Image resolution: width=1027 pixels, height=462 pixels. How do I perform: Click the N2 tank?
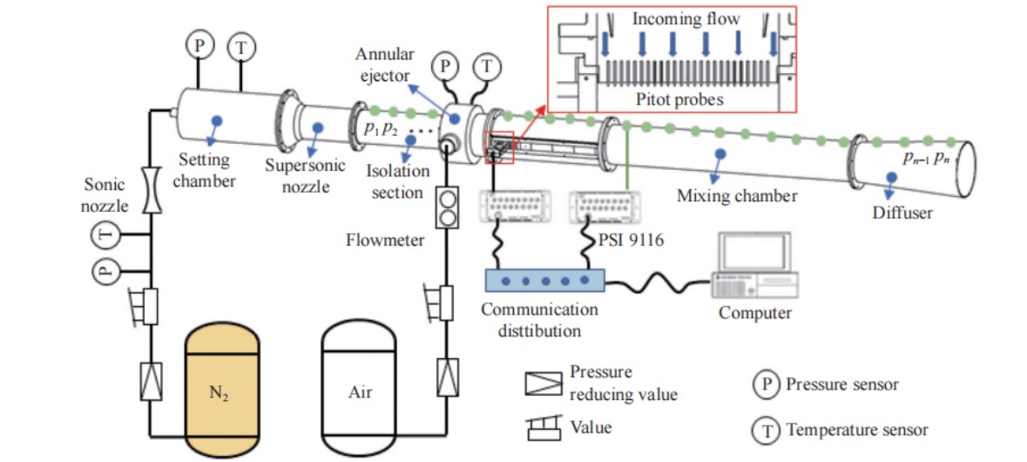(221, 391)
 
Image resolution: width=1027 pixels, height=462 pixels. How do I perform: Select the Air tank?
(360, 391)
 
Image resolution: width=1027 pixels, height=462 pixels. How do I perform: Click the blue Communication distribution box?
(544, 280)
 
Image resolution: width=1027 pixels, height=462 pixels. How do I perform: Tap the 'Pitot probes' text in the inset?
(679, 99)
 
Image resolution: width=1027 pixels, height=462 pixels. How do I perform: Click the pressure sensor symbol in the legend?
(766, 384)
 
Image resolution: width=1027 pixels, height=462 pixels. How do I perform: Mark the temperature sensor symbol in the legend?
(766, 428)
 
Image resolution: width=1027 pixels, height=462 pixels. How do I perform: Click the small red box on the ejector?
(503, 147)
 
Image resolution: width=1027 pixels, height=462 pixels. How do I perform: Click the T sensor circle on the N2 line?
(105, 234)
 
